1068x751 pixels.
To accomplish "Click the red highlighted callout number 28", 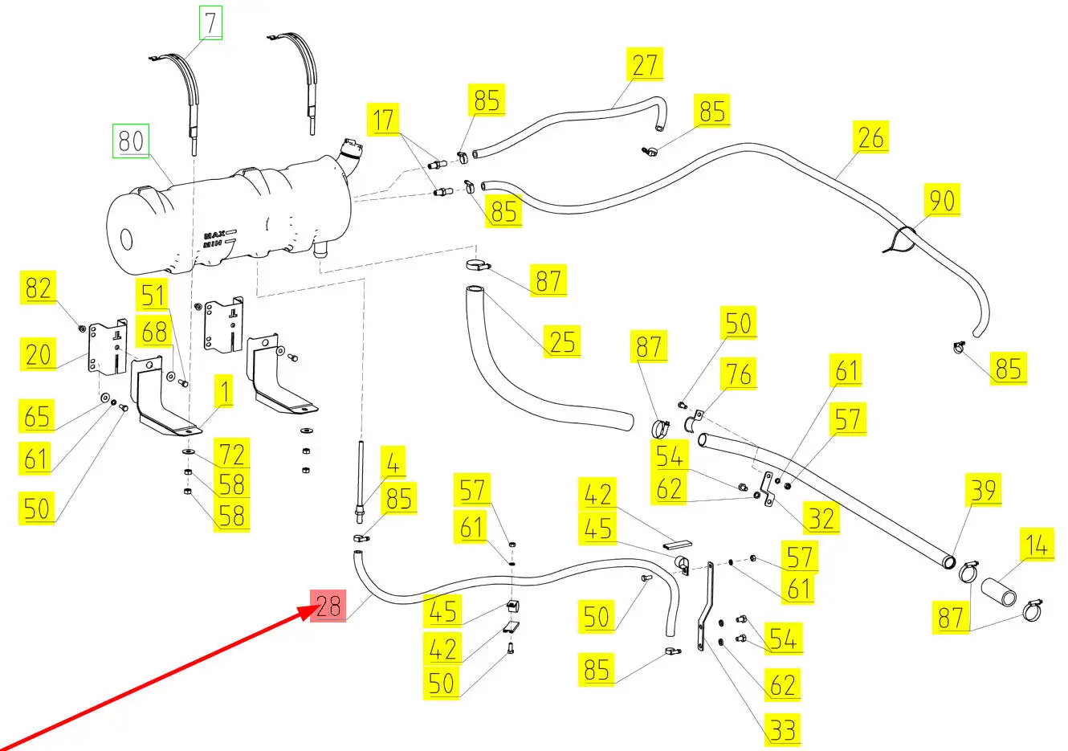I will [x=328, y=605].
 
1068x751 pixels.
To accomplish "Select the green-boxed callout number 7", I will [x=210, y=23].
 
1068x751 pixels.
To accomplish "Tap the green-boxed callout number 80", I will [x=131, y=141].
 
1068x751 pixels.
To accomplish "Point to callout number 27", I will [x=644, y=65].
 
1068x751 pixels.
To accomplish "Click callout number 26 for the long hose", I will [x=870, y=137].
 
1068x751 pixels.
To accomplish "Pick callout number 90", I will [x=942, y=199].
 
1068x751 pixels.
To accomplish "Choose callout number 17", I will [x=384, y=120].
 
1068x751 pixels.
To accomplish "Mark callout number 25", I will [x=562, y=341].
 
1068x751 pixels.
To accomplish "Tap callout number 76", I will [x=738, y=373].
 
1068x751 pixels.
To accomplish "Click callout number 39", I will [x=983, y=490].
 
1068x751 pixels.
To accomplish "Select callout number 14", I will [x=1037, y=545].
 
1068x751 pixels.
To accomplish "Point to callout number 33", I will [x=782, y=729].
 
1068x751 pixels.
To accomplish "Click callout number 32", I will [x=821, y=518].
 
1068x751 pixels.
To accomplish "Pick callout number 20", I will [x=38, y=353].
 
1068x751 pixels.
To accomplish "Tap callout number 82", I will [x=38, y=288].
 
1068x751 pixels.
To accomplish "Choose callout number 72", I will [x=232, y=455].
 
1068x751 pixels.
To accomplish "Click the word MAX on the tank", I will [x=214, y=236].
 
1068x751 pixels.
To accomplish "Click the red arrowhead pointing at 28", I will [x=307, y=612].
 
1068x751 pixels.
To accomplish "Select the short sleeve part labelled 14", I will [x=997, y=590].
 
